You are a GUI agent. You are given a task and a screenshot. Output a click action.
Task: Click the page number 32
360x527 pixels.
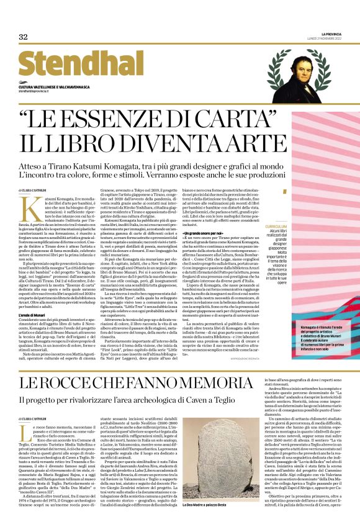tap(23, 37)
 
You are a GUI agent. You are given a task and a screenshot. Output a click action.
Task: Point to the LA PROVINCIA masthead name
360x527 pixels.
tap(330, 34)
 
